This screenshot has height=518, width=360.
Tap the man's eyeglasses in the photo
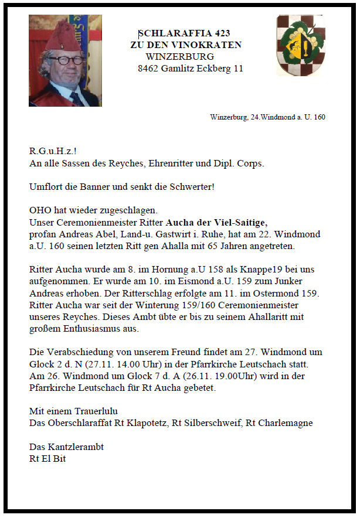66,60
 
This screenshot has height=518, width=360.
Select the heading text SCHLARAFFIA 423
184,33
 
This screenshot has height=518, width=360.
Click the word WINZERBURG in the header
179,57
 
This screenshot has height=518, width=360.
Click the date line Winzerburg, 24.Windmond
267,117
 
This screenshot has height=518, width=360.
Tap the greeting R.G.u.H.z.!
53,152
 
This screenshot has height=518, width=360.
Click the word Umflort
47,187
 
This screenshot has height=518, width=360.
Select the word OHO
39,210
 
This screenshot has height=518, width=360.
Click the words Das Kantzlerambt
67,447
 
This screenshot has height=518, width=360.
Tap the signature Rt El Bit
47,458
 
